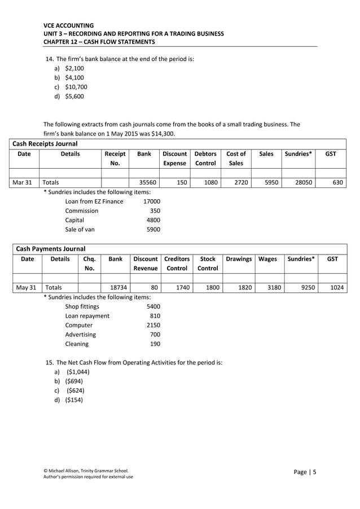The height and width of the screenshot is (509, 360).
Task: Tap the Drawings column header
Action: click(239, 259)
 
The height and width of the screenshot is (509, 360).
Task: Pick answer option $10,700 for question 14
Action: click(76, 87)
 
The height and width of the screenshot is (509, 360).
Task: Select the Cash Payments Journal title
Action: click(51, 248)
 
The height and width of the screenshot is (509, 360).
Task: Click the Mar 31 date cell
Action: click(24, 183)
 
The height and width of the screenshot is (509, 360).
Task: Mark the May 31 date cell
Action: click(26, 287)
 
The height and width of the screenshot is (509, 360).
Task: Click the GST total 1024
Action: click(336, 287)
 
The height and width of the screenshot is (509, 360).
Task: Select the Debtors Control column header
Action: click(205, 158)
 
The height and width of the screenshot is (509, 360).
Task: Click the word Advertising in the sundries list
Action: click(81, 334)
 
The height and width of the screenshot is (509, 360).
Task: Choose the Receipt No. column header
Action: click(115, 158)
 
